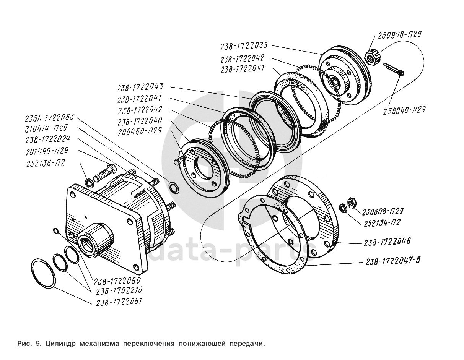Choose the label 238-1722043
tap(140, 87)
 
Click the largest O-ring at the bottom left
tap(43, 273)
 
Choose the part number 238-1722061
tap(119, 302)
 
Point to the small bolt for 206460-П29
tap(179, 161)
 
